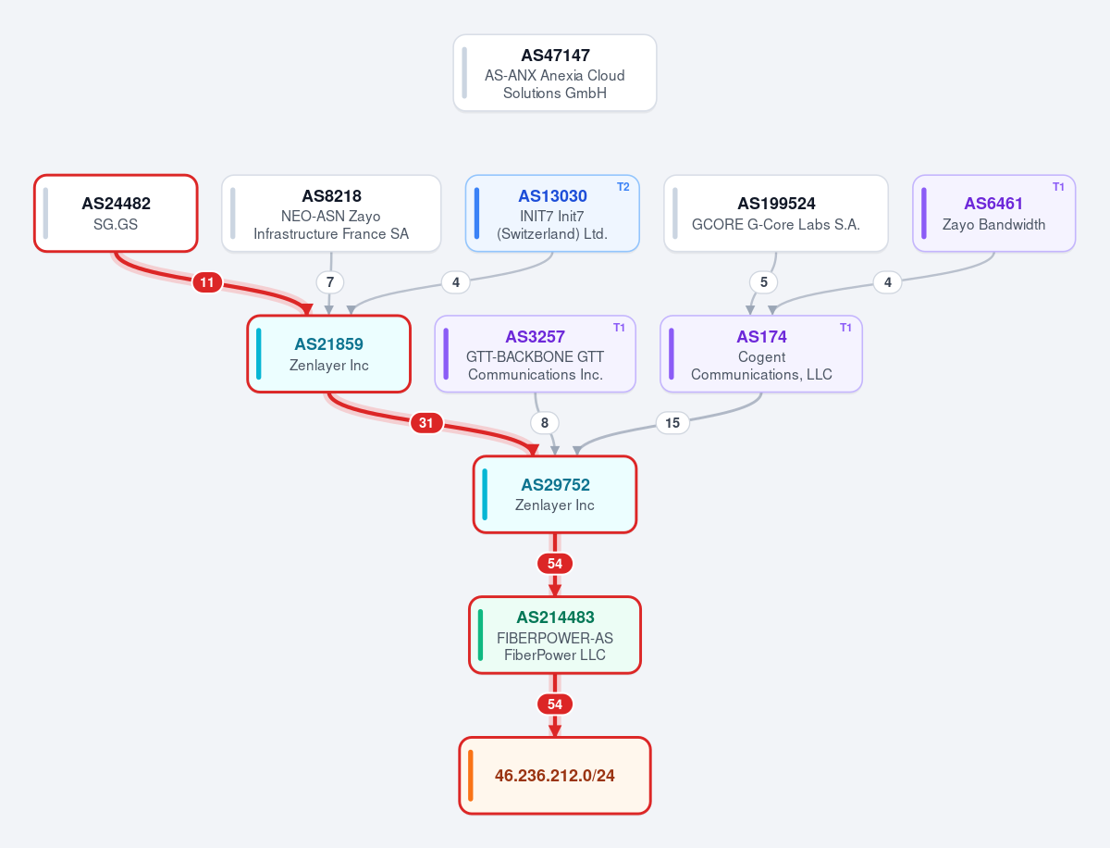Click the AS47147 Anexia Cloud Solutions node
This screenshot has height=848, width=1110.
[x=555, y=73]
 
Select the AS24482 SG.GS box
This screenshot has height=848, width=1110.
[x=116, y=213]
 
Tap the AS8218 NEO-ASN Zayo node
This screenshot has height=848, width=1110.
[x=331, y=213]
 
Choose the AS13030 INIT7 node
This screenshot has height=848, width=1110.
[x=552, y=213]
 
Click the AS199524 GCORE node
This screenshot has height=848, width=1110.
[x=776, y=213]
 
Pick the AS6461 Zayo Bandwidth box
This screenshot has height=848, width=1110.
[x=993, y=213]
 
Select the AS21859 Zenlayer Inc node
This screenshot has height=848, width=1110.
[x=328, y=354]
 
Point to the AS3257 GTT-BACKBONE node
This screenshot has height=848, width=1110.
[x=535, y=354]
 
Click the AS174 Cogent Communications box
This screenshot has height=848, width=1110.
[x=761, y=354]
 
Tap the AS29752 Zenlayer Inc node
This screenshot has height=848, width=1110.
[x=555, y=494]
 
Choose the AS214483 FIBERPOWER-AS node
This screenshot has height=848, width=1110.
[x=555, y=635]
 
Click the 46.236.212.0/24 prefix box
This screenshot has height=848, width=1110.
[x=555, y=776]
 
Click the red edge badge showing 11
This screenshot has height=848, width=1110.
[x=207, y=282]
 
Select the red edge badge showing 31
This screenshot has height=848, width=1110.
[x=426, y=423]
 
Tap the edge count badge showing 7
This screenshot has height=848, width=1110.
[x=330, y=282]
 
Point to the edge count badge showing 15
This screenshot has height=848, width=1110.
[x=672, y=423]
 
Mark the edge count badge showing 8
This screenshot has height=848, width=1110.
[x=545, y=423]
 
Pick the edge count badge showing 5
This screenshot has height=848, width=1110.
[x=764, y=282]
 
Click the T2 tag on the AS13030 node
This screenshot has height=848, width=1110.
[x=623, y=187]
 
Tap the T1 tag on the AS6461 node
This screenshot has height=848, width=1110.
[x=1058, y=187]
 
